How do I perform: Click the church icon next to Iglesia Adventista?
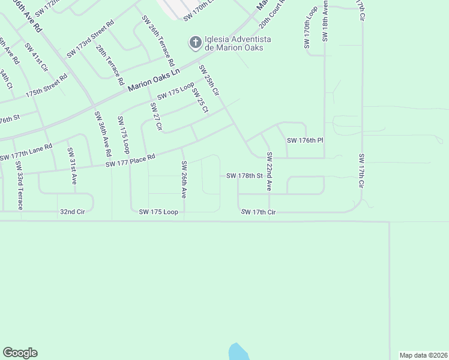click(194, 43)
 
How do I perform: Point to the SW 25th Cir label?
click(209, 80)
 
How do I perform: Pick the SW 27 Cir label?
click(156, 116)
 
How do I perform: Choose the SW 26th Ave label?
click(184, 179)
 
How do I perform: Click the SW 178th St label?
click(244, 176)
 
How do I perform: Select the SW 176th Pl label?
click(305, 140)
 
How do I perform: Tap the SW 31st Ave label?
click(71, 166)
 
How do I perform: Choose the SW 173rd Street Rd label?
click(90, 40)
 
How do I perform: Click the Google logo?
click(20, 353)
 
